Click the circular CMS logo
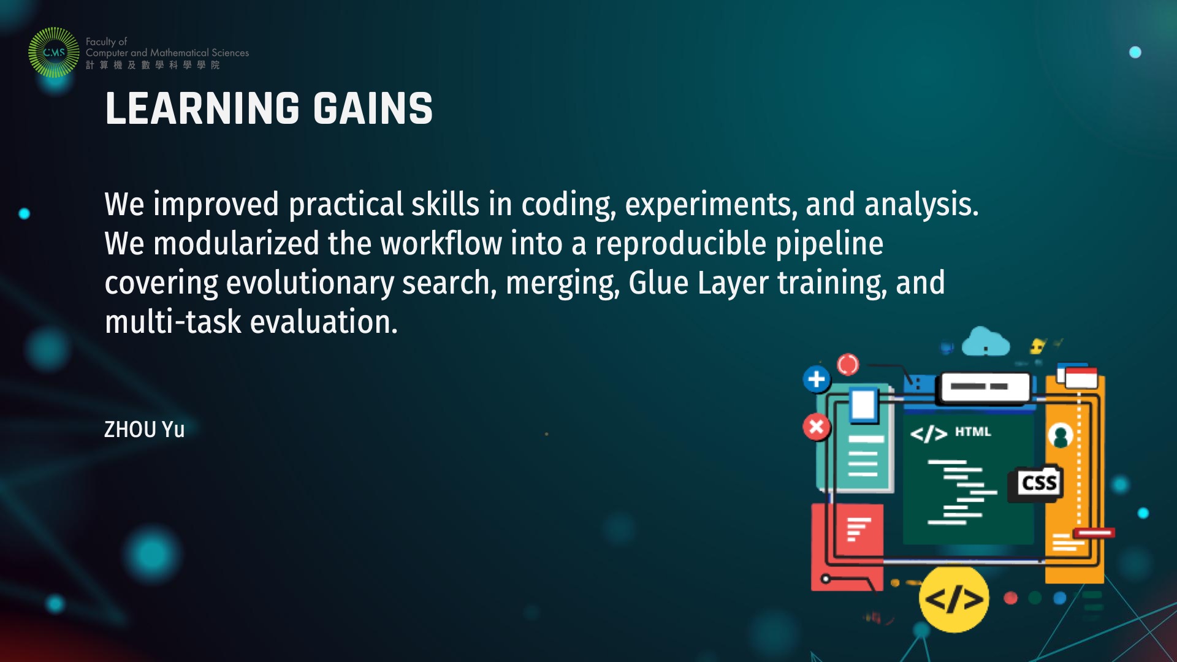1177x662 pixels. point(54,52)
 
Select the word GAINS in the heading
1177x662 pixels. point(373,108)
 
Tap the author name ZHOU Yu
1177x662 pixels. point(144,430)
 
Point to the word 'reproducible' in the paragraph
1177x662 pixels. point(680,244)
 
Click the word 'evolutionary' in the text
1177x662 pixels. point(310,284)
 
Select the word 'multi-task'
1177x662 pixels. point(173,322)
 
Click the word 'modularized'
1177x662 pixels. point(236,243)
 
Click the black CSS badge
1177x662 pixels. point(1038,484)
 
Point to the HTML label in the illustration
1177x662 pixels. point(973,432)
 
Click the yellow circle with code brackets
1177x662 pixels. point(954,599)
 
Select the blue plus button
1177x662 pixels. point(817,379)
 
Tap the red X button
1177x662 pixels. point(817,427)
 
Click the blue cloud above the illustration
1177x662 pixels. point(985,343)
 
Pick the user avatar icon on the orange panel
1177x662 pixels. point(1060,436)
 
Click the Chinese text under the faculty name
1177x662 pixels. point(153,65)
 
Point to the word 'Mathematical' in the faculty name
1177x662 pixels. point(179,53)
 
